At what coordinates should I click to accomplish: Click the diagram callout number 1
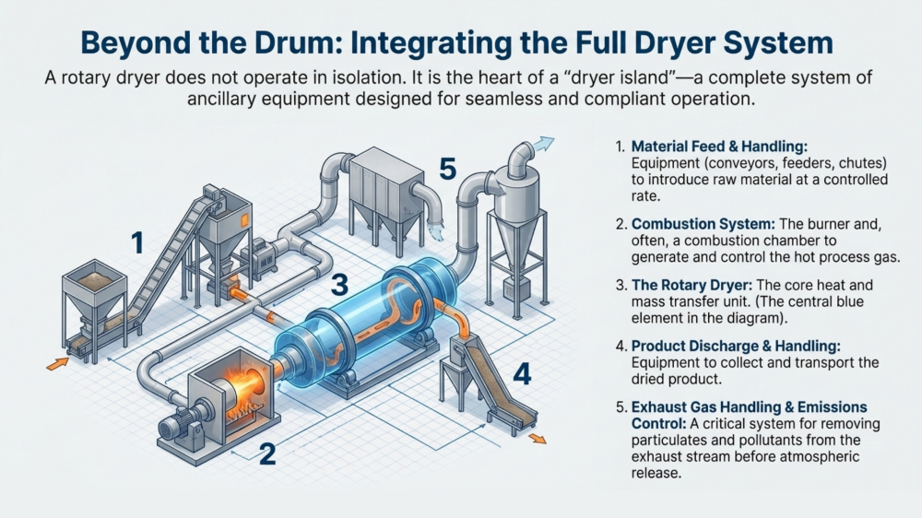point(137,243)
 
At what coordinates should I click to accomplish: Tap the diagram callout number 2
point(267,453)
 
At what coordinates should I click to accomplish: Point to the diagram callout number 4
point(521,373)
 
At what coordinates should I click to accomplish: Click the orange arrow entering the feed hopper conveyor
point(56,363)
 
